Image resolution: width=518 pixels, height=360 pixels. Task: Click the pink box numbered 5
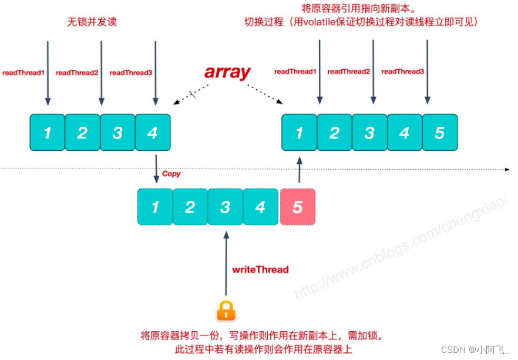[x=298, y=207]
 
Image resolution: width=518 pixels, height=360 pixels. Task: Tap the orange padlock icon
[x=226, y=311]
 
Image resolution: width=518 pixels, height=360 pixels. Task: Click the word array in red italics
[x=227, y=72]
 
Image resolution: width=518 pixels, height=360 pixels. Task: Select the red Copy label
[x=171, y=174]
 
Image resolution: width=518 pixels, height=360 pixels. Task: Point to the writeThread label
[x=260, y=270]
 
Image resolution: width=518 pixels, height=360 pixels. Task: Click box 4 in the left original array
[x=153, y=133]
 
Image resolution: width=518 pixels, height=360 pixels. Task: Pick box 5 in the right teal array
[x=440, y=133]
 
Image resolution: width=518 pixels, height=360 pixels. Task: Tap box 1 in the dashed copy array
[x=155, y=207]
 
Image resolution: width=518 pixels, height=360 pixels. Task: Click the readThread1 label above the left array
[x=23, y=73]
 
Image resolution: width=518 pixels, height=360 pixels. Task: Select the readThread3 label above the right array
[x=403, y=71]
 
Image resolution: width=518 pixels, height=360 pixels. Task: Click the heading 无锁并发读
[x=92, y=22]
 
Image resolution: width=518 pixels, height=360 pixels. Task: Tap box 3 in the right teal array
[x=369, y=133]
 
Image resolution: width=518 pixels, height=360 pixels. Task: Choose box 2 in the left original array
[x=82, y=133]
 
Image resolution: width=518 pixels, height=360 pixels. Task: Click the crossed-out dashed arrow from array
[x=191, y=95]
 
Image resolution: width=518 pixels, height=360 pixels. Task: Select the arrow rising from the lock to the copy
[x=226, y=263]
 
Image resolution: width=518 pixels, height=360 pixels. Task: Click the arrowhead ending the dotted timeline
[x=507, y=170]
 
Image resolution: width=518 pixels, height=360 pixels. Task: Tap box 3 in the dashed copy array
[x=226, y=207]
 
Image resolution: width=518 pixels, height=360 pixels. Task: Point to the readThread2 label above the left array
[x=77, y=73]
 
